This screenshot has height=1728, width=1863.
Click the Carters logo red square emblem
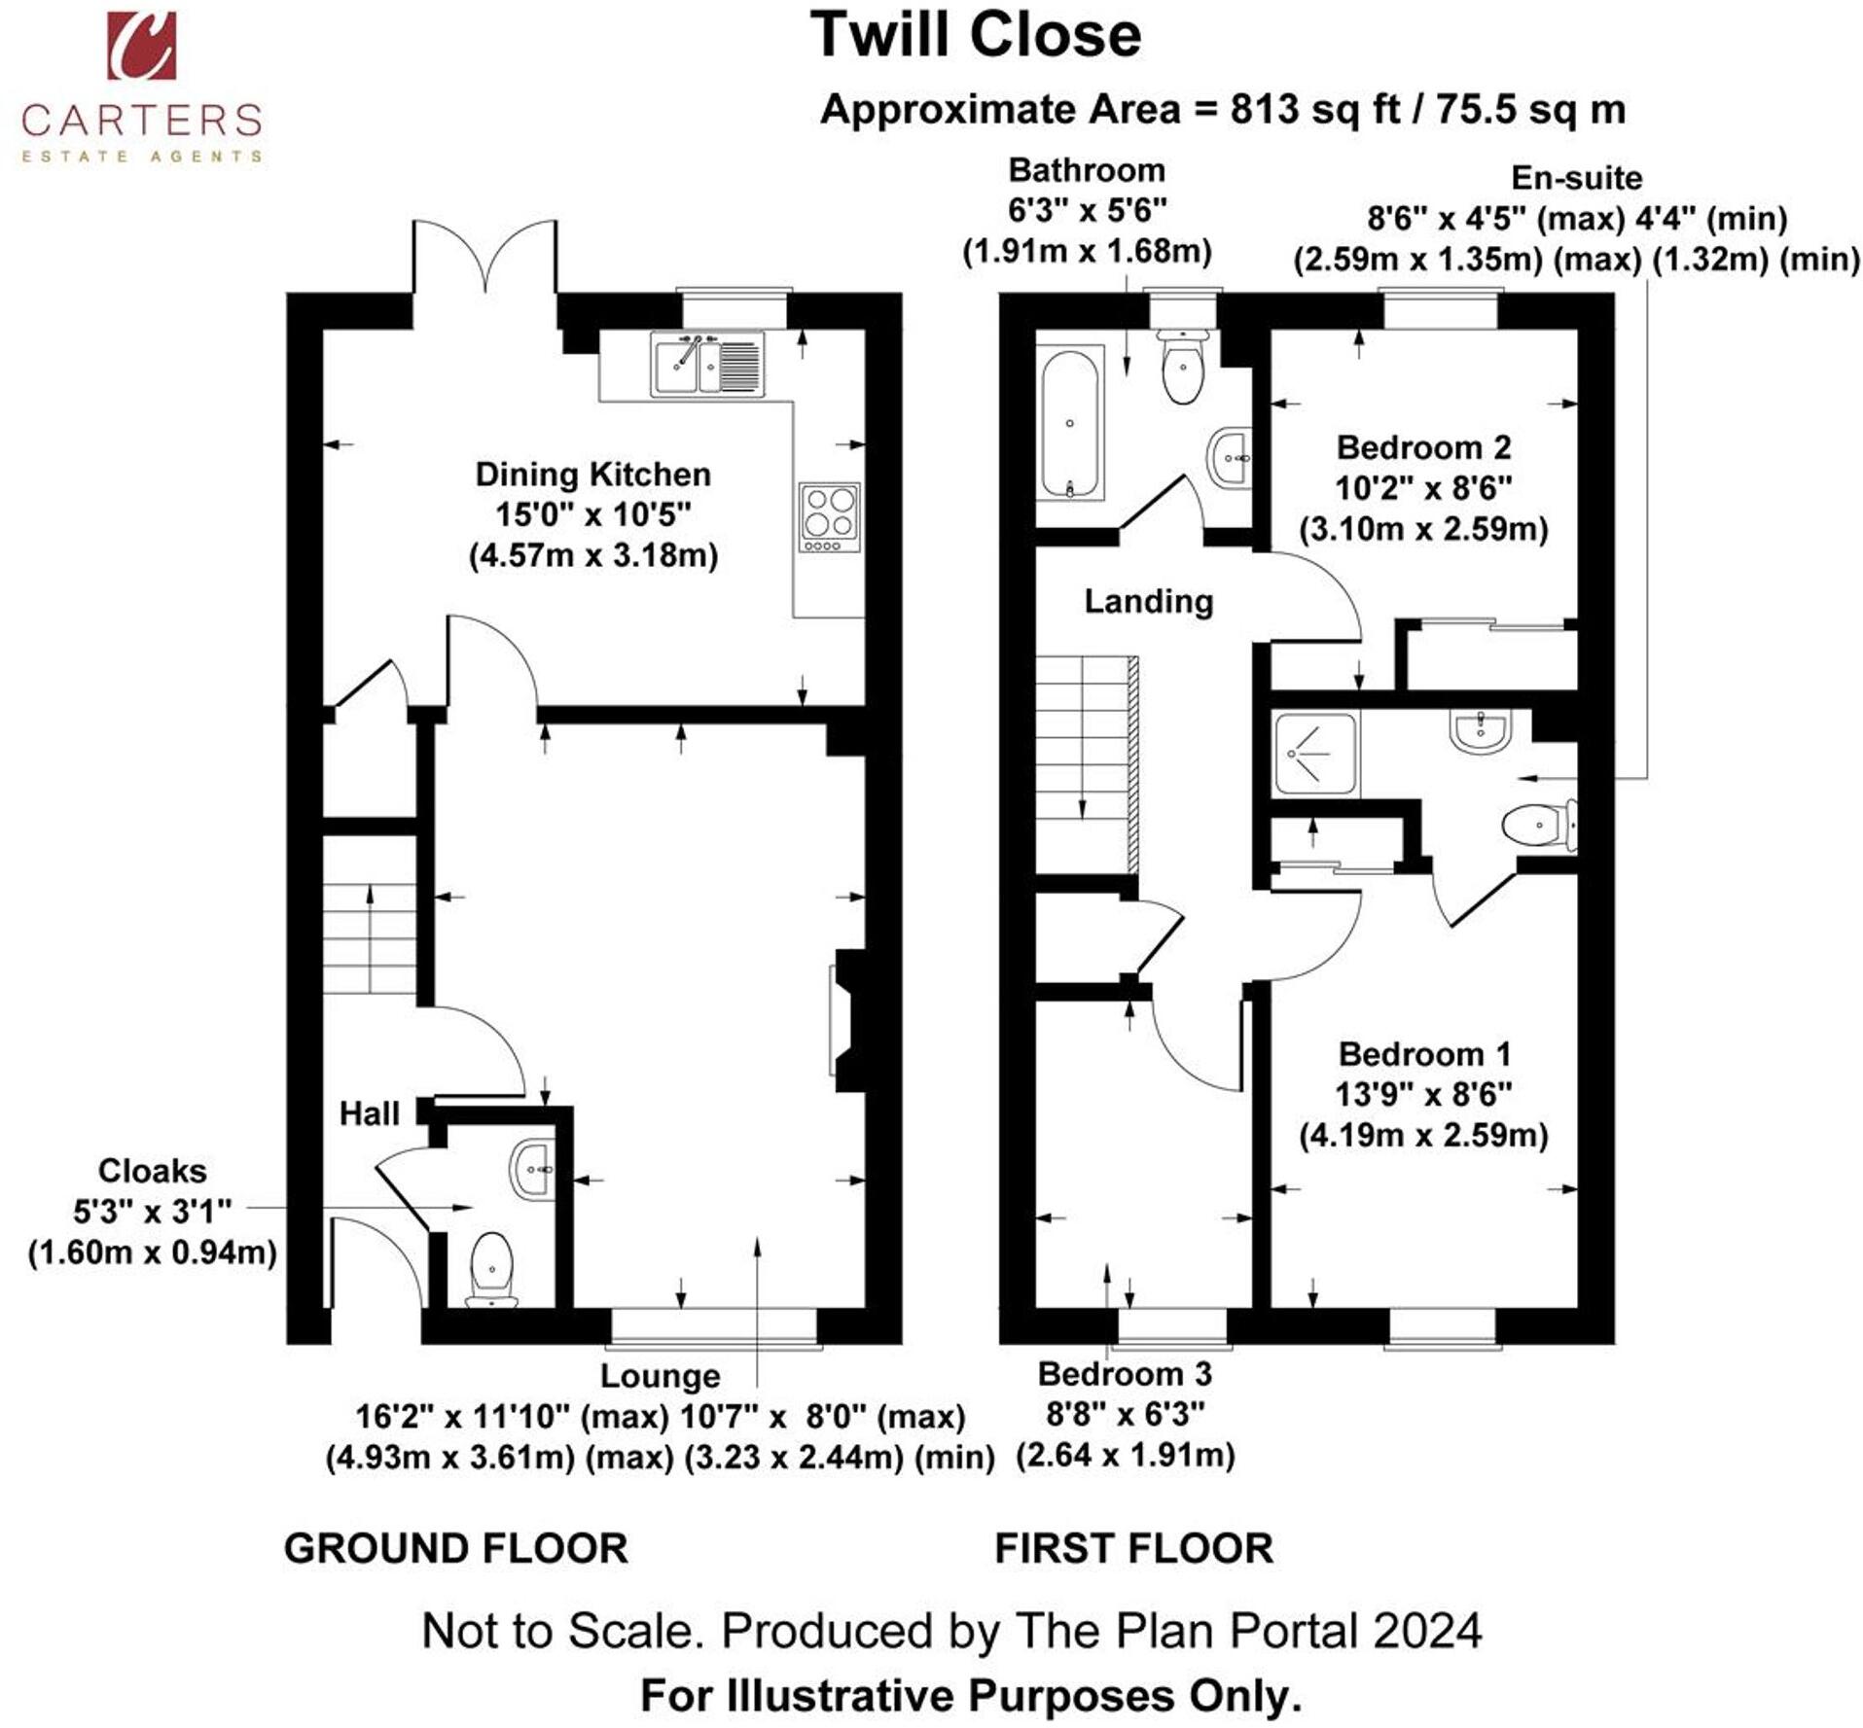point(142,45)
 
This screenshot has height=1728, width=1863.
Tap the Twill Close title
point(976,35)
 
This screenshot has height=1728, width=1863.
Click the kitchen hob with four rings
point(830,517)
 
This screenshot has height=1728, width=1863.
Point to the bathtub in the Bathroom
point(1069,424)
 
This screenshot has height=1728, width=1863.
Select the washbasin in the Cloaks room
point(533,1170)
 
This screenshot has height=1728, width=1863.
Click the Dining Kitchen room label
point(592,474)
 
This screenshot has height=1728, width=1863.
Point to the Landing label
point(1149,601)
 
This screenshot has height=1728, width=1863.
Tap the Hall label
point(369,1113)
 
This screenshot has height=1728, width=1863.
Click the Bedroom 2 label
point(1423,447)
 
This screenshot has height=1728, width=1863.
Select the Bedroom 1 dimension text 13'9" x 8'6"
point(1423,1095)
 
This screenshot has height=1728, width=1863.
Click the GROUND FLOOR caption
point(455,1548)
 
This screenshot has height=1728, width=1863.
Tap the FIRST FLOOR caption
point(1133,1548)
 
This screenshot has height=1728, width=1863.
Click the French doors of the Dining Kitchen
point(486,256)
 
